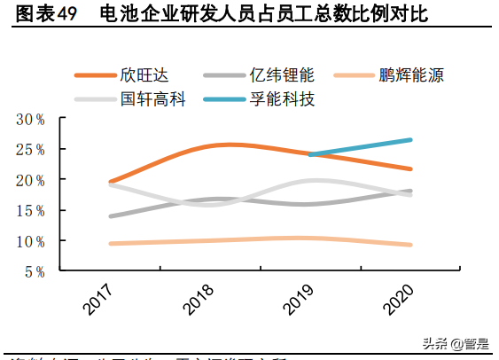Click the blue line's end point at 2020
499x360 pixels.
410,139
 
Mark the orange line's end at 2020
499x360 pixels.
410,168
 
